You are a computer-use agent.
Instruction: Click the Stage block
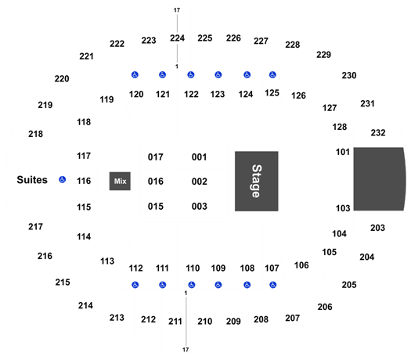[256, 181]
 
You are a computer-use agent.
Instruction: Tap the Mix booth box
[120, 181]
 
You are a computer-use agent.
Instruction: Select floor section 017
[156, 157]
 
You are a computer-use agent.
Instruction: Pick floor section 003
[199, 206]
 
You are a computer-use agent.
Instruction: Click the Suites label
[32, 180]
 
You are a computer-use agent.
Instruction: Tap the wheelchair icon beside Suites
[62, 179]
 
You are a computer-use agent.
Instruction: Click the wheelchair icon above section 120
[135, 75]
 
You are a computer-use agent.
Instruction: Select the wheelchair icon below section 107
[273, 285]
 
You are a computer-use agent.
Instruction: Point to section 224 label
[177, 38]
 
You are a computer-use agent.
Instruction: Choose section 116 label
[84, 181]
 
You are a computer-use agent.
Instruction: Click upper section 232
[378, 132]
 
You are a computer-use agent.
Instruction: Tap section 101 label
[343, 152]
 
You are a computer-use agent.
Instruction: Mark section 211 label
[175, 321]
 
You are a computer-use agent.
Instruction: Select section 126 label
[298, 95]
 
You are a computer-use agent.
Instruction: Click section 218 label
[35, 134]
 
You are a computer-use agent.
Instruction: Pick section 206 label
[325, 307]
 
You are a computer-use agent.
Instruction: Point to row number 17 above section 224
[177, 10]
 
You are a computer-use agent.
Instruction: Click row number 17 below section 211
[186, 350]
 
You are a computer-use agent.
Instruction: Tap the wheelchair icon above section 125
[272, 75]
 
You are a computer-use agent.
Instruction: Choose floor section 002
[199, 182]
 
